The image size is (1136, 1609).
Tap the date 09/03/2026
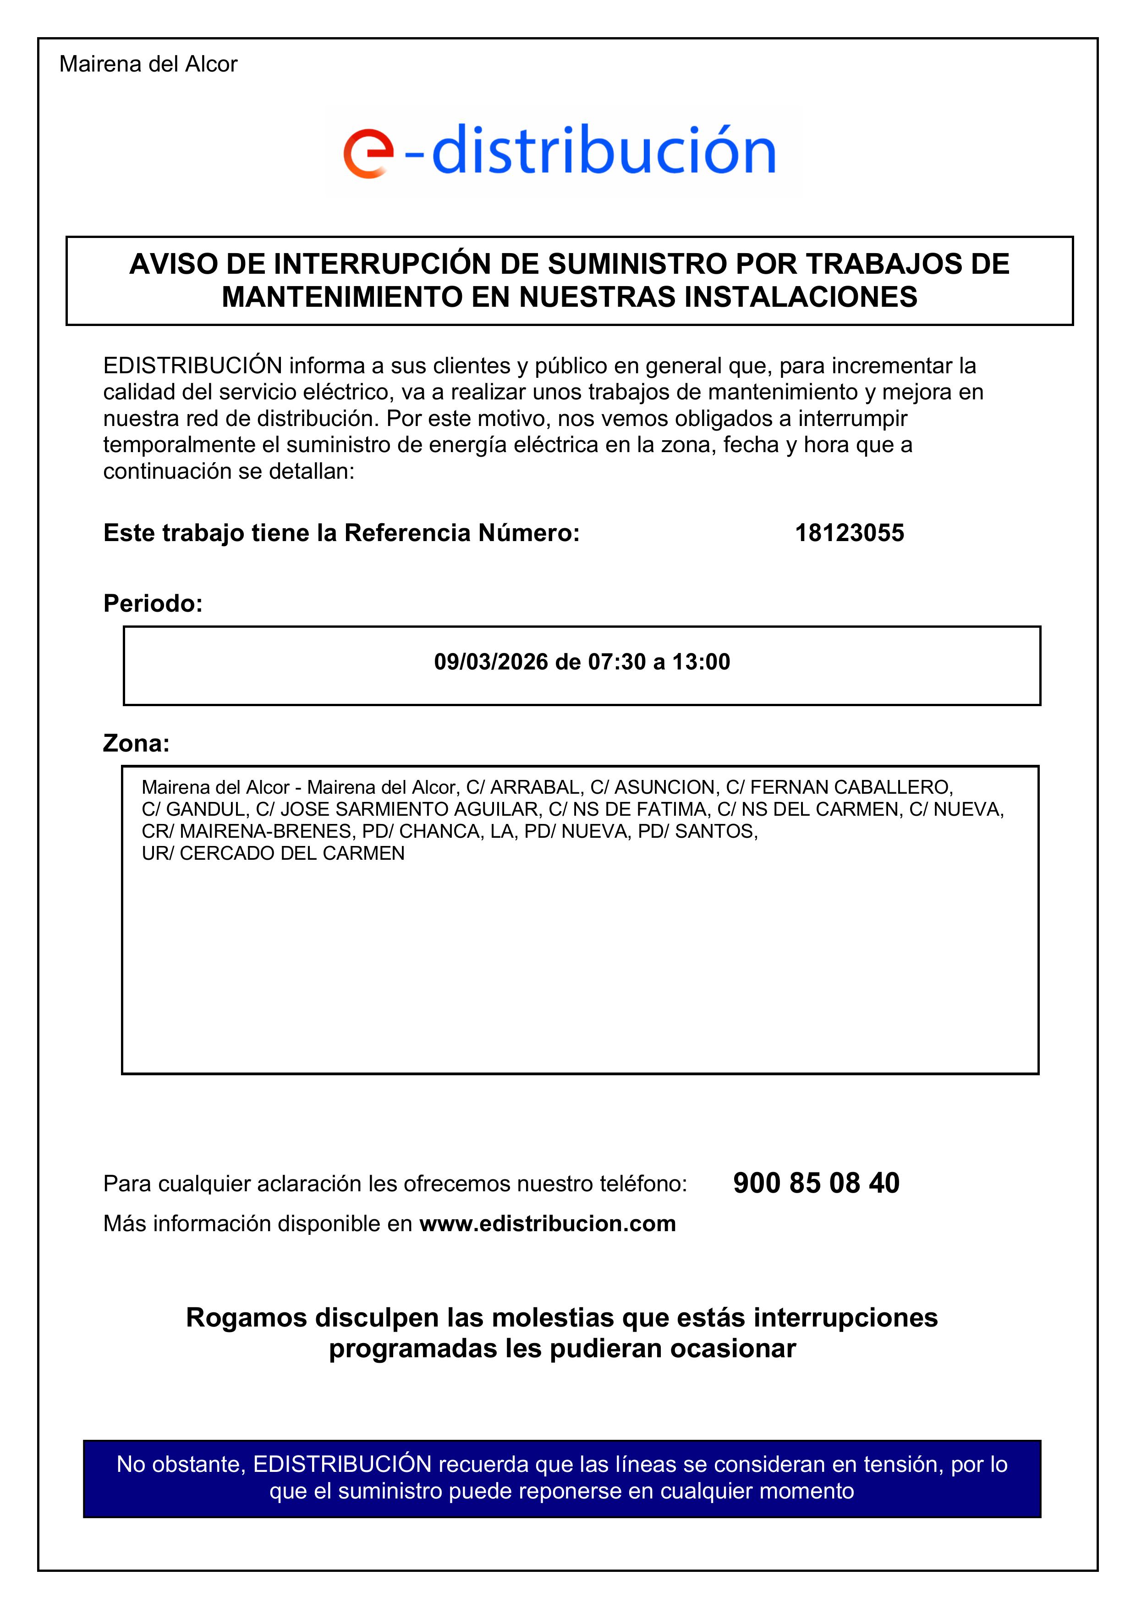490,662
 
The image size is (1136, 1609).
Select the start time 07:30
616,662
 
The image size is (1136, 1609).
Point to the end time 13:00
701,662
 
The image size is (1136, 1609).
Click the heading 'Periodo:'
153,603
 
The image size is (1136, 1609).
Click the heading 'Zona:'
137,743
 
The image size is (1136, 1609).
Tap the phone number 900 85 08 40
816,1183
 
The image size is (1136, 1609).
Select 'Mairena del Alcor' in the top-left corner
148,65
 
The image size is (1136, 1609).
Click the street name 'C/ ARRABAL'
523,788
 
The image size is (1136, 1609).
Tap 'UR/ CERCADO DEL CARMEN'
273,853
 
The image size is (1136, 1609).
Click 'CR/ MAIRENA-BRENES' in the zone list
246,832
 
